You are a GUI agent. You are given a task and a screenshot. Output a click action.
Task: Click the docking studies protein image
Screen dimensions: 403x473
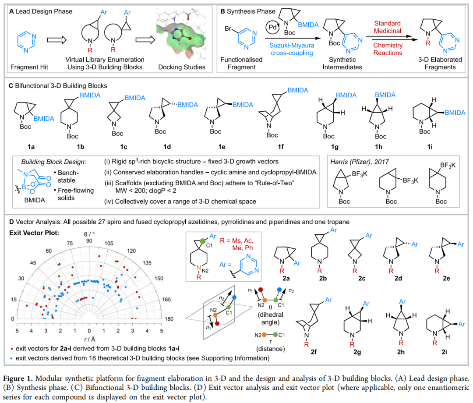tap(181, 39)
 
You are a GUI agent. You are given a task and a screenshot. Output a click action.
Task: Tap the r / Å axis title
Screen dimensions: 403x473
tap(89, 338)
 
